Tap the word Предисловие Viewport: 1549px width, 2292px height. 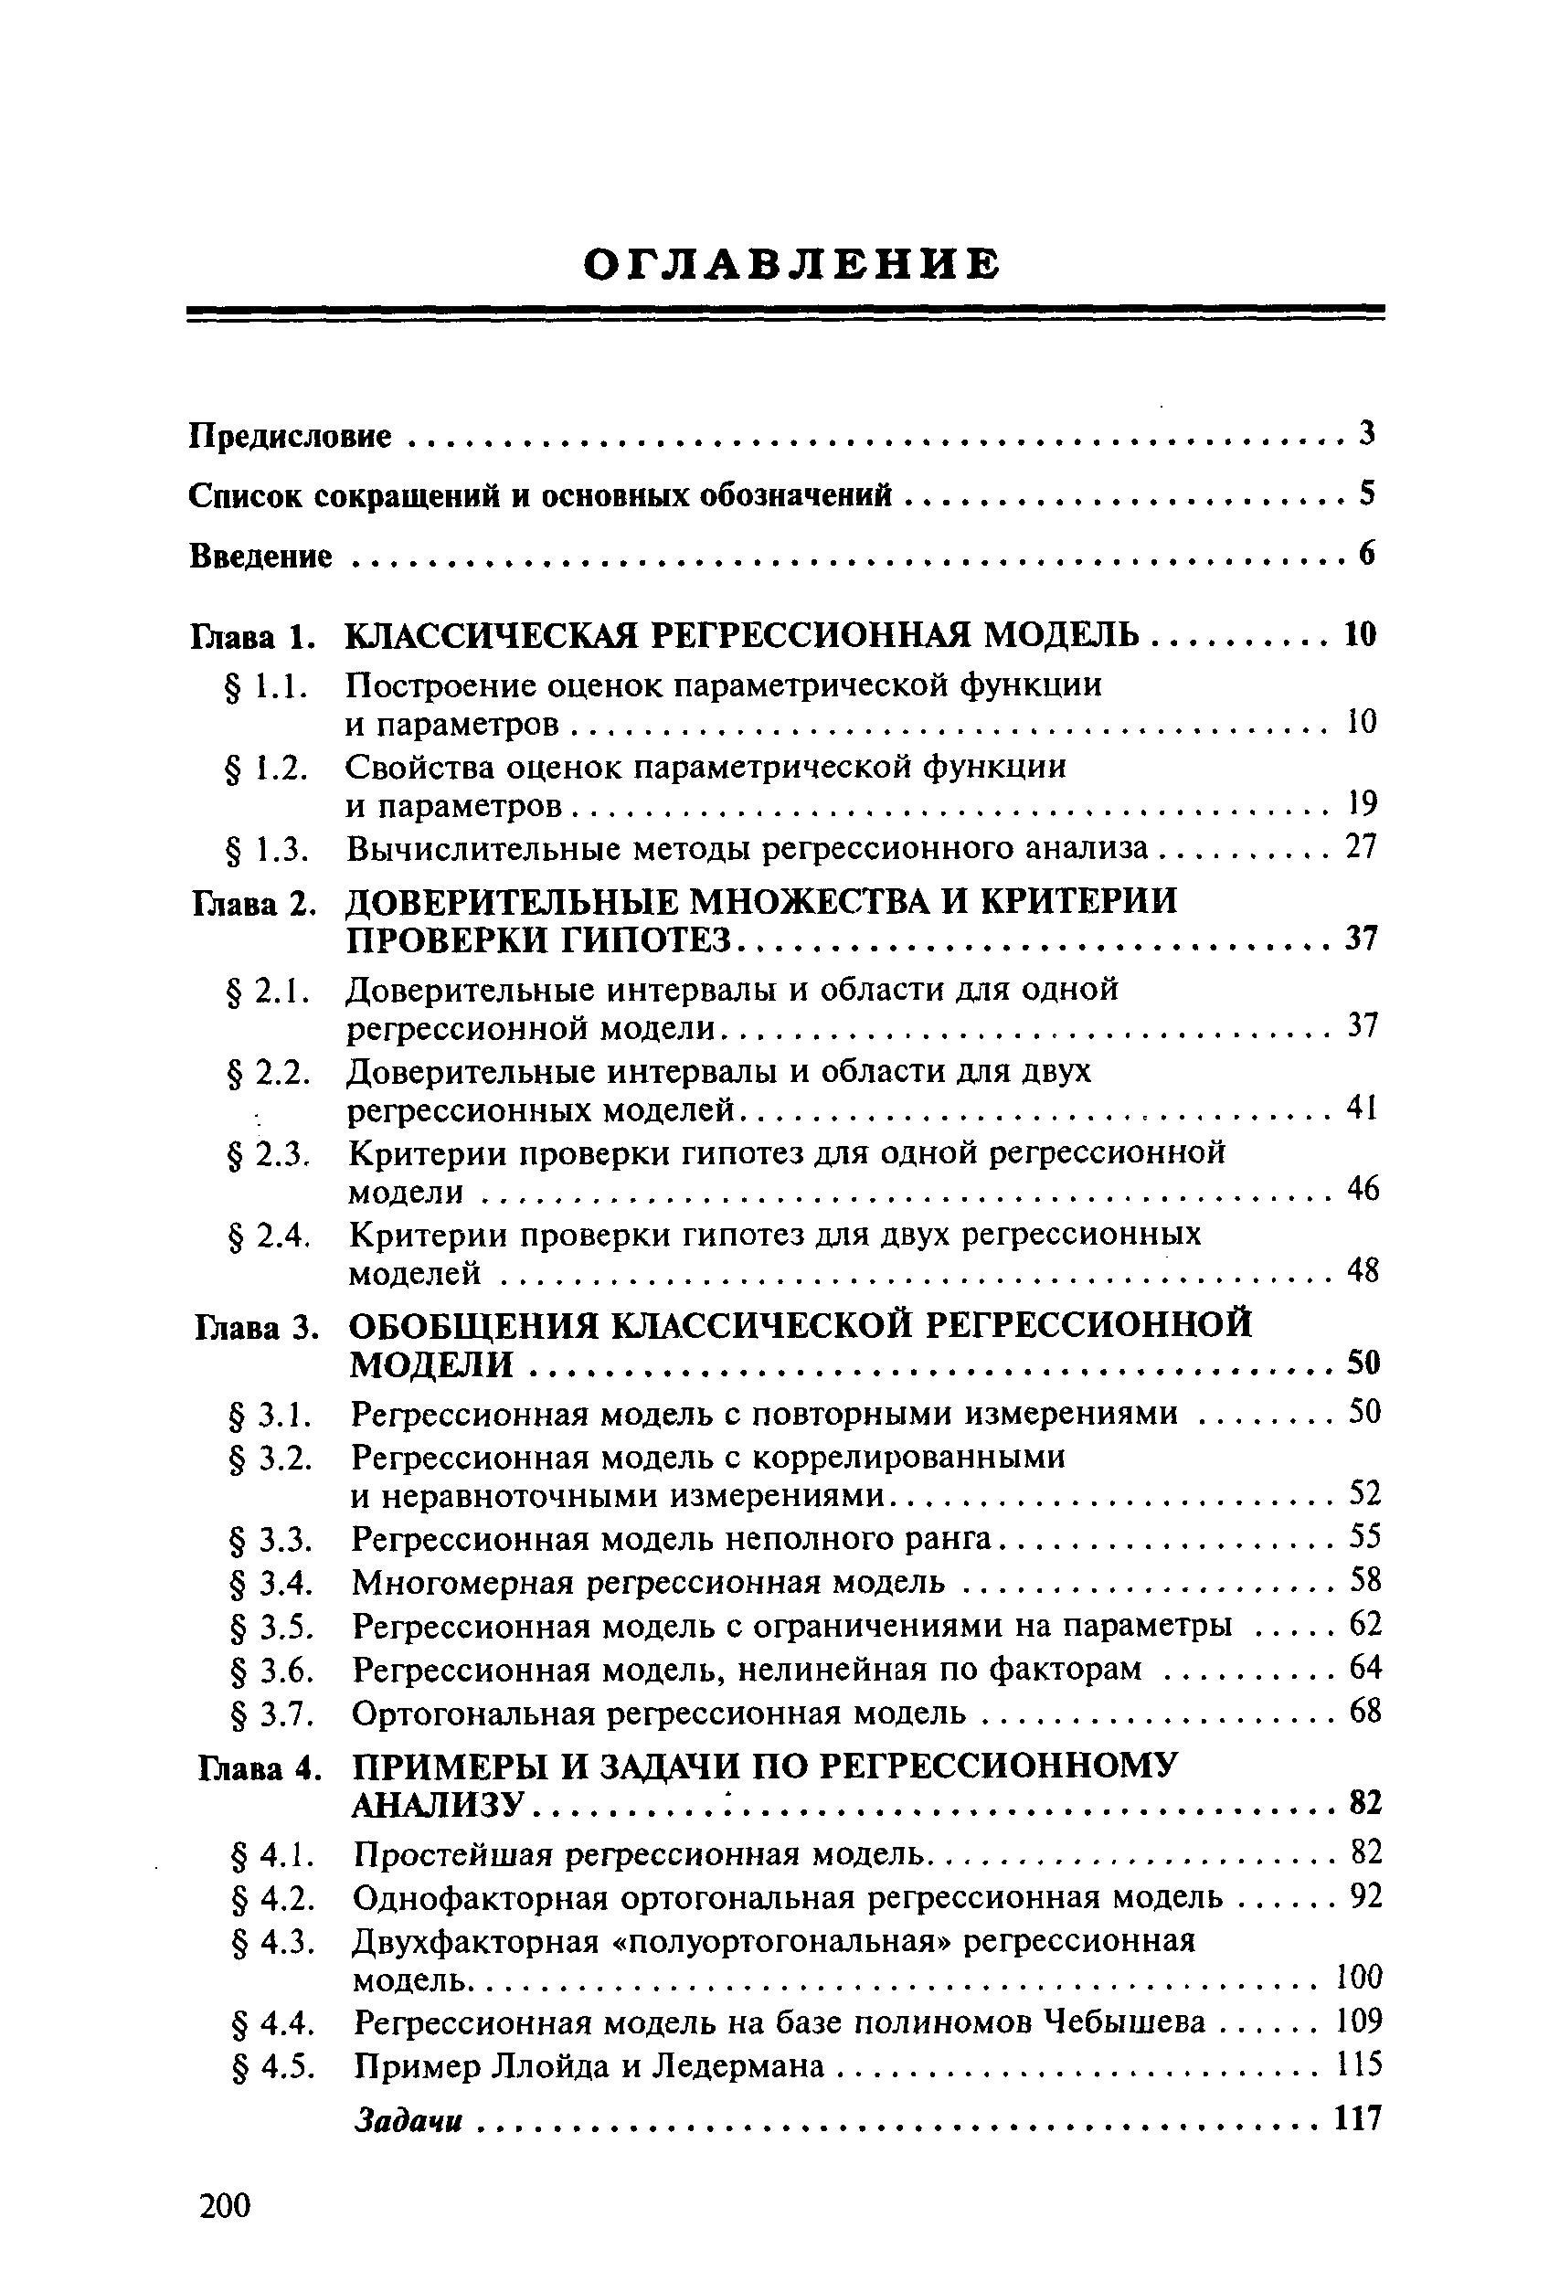[x=290, y=436]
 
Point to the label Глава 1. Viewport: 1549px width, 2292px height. [x=251, y=636]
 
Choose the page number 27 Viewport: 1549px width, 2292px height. [x=1361, y=847]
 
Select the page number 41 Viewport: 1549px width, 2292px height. [x=1361, y=1109]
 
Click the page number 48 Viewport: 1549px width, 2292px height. [x=1363, y=1271]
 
